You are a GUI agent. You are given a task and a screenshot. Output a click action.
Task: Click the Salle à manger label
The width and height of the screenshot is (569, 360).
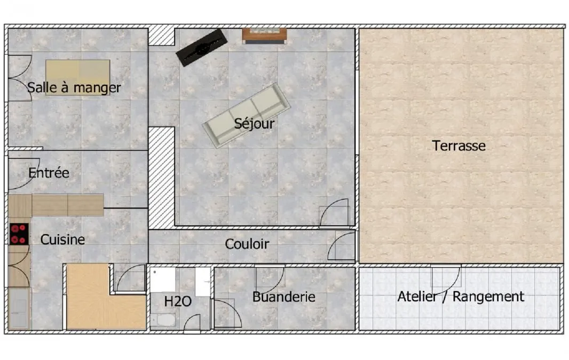(74, 87)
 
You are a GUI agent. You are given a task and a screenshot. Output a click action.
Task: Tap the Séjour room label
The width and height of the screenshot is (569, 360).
(255, 124)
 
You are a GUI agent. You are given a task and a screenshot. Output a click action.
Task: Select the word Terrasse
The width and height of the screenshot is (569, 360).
(459, 146)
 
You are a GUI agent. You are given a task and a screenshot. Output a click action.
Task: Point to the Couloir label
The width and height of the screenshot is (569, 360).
(247, 244)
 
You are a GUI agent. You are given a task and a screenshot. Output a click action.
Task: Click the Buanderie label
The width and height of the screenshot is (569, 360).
(284, 297)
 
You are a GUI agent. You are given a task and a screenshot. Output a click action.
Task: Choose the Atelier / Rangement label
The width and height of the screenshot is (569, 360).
(461, 297)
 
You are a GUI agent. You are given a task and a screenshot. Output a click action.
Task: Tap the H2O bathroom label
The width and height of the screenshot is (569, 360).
(178, 301)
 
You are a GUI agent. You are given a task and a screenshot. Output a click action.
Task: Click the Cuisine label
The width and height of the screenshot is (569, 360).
(62, 239)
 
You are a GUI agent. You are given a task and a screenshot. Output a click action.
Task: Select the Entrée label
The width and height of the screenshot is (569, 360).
(49, 173)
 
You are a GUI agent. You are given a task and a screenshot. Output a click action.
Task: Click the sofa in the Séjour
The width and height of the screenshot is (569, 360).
(247, 115)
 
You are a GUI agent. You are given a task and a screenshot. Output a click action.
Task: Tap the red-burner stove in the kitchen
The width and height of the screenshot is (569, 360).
(19, 234)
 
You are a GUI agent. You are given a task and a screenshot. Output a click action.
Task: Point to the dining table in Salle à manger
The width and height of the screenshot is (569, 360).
(77, 77)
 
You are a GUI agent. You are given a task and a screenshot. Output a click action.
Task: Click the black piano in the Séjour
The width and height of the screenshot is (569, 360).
(202, 47)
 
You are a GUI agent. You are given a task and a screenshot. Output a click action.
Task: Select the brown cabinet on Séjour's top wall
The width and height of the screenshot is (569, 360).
(265, 36)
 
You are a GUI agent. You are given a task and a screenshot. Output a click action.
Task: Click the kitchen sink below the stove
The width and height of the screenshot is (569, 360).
(18, 308)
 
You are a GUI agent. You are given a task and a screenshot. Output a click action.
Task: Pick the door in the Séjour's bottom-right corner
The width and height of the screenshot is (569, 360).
(334, 212)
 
